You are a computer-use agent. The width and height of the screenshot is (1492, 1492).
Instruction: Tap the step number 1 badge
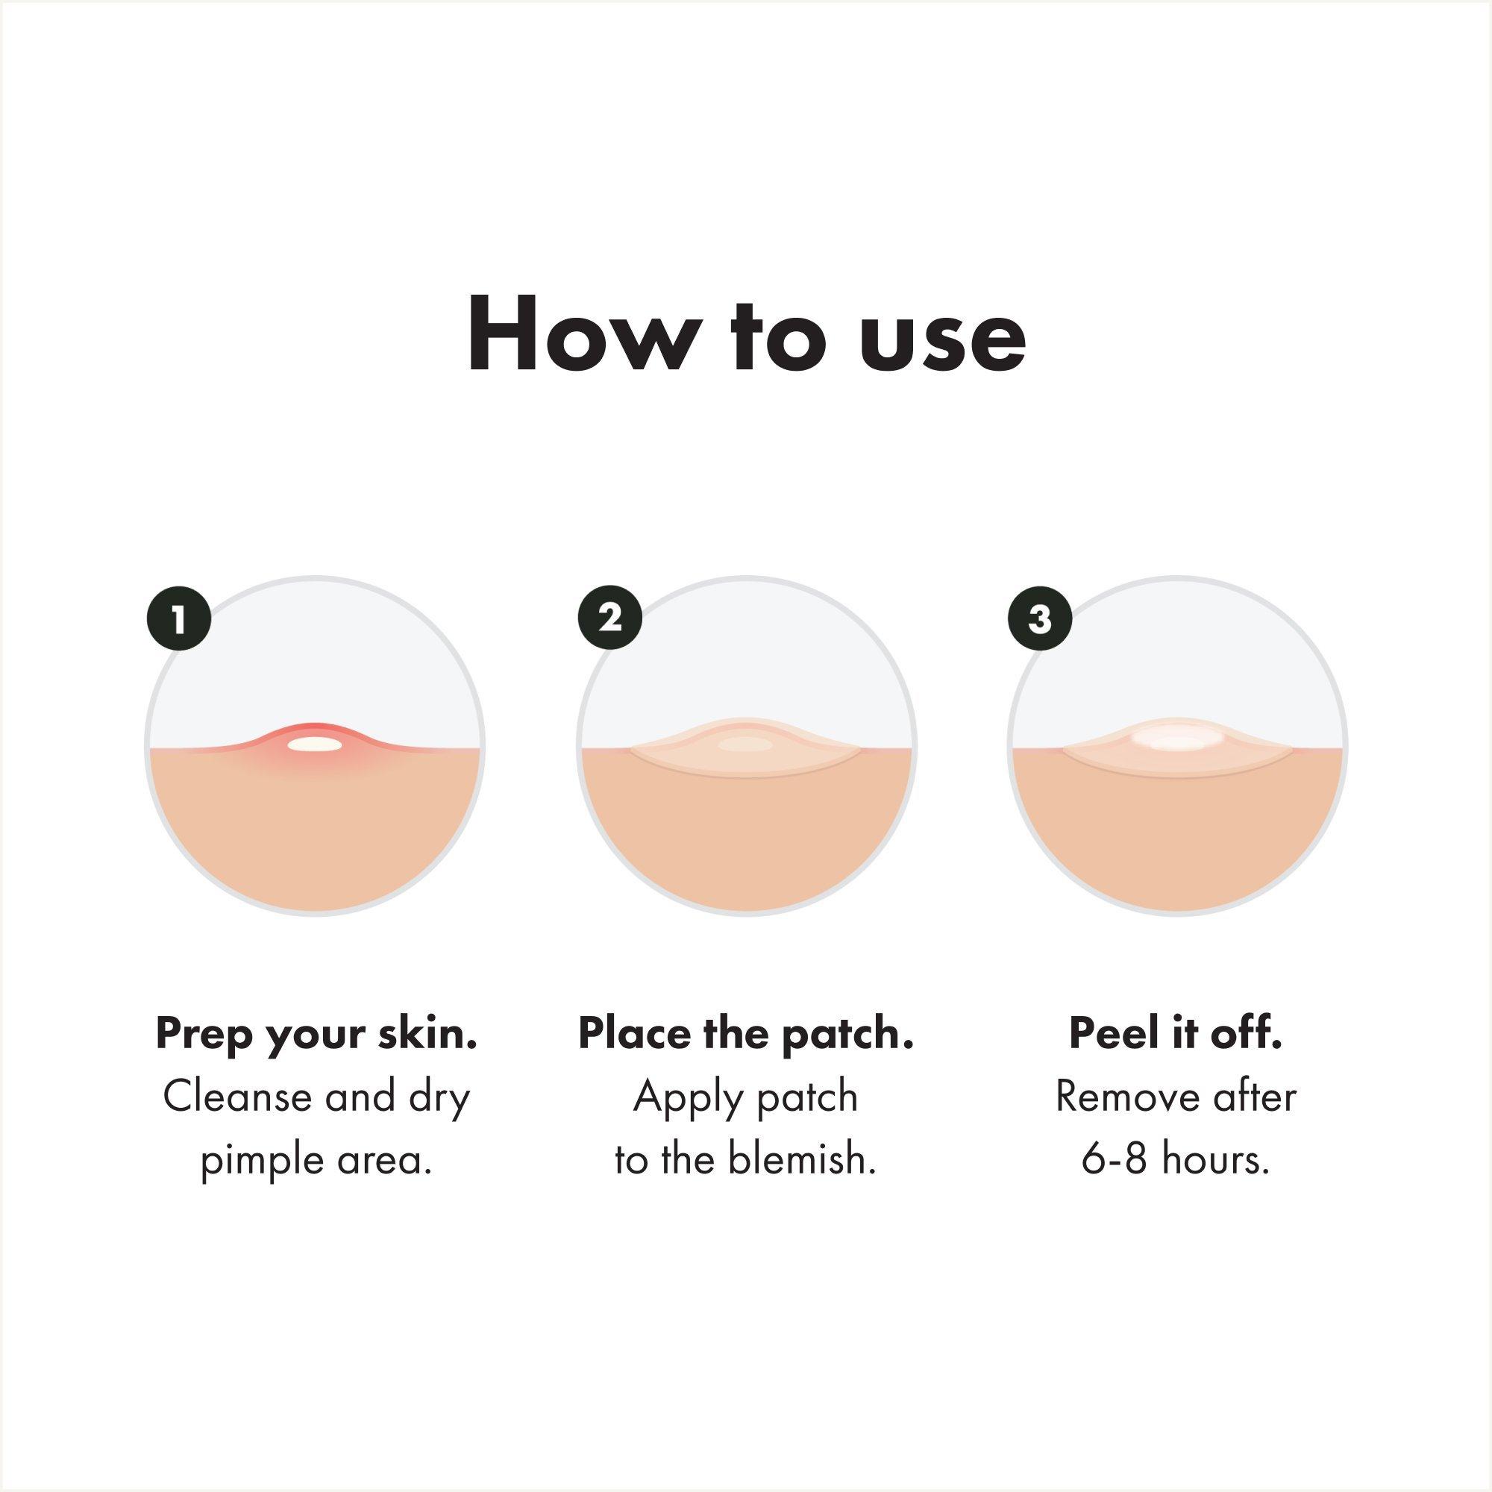(x=179, y=619)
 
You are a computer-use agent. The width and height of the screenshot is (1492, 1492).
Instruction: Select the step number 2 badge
(x=610, y=619)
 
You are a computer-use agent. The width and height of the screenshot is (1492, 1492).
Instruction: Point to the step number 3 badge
(x=1040, y=619)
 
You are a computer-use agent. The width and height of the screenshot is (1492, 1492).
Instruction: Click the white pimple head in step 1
(x=314, y=745)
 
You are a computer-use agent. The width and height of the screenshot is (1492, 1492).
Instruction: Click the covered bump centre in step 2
(x=745, y=745)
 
